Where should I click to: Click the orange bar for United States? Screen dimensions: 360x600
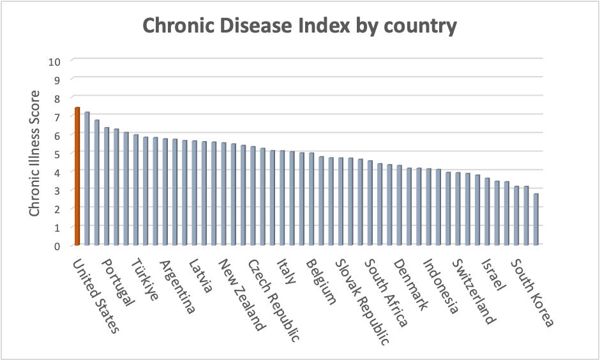77,176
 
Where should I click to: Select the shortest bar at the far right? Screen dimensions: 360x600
536,219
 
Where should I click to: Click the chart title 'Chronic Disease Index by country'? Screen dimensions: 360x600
299,26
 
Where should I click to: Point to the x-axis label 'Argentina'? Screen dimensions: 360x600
177,287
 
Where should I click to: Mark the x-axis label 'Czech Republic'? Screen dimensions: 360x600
273,300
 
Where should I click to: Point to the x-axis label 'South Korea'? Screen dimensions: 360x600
532,292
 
